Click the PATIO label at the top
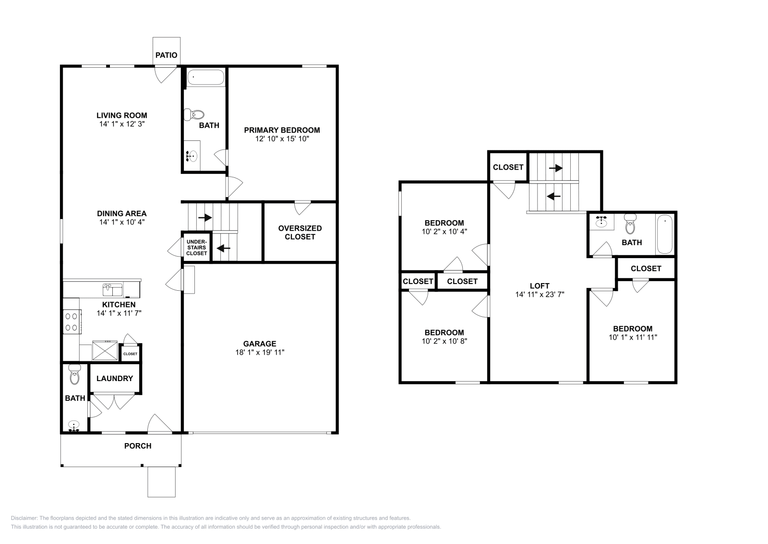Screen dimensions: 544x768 tap(167, 55)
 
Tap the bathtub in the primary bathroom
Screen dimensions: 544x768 tap(205, 77)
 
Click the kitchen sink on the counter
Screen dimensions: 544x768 tap(112, 290)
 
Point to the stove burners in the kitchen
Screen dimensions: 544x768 tap(72, 322)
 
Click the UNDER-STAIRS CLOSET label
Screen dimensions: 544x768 tap(197, 247)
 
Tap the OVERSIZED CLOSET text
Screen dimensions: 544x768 tap(300, 233)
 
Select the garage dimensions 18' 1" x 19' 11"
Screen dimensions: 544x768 tap(260, 352)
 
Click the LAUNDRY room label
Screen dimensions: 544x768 tap(115, 379)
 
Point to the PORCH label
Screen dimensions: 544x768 tap(138, 446)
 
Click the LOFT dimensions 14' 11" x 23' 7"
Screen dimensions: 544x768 tap(540, 295)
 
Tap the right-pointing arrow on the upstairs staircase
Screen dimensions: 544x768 tap(555, 168)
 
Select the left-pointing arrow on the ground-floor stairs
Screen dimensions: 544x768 tap(224, 248)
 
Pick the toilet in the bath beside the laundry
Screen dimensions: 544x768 tap(74, 374)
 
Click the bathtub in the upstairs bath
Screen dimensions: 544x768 tap(665, 235)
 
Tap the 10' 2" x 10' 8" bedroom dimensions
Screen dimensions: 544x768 tap(444, 341)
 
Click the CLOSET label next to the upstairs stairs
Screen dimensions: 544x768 tap(508, 167)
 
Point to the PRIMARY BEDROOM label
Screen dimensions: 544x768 tap(282, 130)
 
